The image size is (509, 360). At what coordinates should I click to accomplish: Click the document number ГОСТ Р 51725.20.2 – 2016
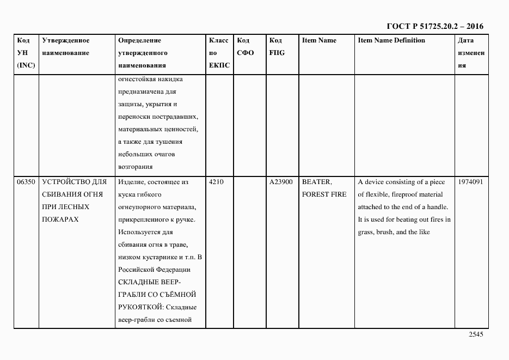pyautogui.click(x=434, y=26)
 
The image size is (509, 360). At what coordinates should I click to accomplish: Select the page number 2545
pyautogui.click(x=476, y=335)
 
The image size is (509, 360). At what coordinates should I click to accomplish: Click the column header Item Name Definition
pyautogui.click(x=391, y=40)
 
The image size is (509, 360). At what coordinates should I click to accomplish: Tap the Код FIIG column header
pyautogui.click(x=276, y=47)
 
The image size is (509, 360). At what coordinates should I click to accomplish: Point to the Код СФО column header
pyautogui.click(x=245, y=47)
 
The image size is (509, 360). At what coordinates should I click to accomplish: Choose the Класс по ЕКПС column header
pyautogui.click(x=219, y=53)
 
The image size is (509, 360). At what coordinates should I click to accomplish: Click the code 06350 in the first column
pyautogui.click(x=26, y=182)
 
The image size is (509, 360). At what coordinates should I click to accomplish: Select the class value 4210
pyautogui.click(x=216, y=182)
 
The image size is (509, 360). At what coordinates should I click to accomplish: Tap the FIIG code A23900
pyautogui.click(x=281, y=182)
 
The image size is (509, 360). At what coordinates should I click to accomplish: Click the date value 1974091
pyautogui.click(x=471, y=182)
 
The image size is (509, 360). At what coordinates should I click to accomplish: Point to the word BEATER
pyautogui.click(x=316, y=182)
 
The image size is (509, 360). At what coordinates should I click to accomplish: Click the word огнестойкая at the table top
pyautogui.click(x=136, y=79)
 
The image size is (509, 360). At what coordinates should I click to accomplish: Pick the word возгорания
pyautogui.click(x=135, y=167)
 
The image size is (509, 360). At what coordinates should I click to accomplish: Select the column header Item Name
pyautogui.click(x=319, y=40)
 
